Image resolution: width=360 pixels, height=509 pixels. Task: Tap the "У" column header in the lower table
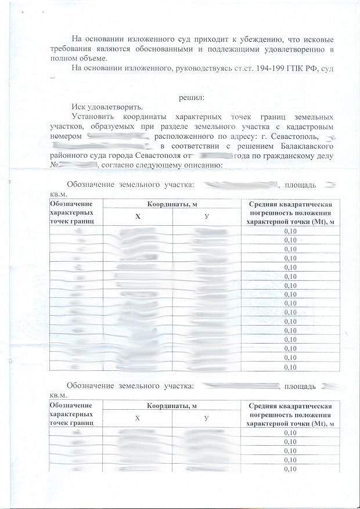pyautogui.click(x=206, y=419)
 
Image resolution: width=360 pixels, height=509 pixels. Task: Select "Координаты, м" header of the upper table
pyautogui.click(x=171, y=203)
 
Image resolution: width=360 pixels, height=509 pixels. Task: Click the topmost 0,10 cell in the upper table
pyautogui.click(x=290, y=232)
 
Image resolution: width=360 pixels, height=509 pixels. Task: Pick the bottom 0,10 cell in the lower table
pyautogui.click(x=290, y=468)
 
